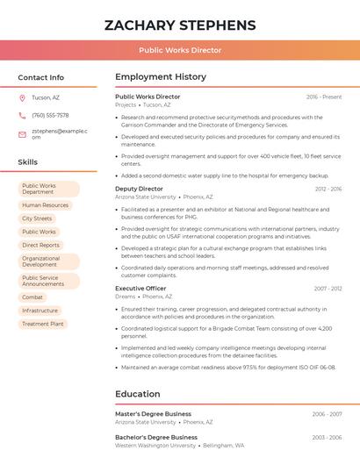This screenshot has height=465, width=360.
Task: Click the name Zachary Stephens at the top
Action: click(180, 25)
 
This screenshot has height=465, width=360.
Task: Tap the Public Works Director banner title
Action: click(180, 50)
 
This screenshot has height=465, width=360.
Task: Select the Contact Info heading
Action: click(41, 77)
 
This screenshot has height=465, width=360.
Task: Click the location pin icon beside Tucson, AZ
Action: click(22, 97)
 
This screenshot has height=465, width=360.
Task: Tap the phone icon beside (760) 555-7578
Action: click(22, 115)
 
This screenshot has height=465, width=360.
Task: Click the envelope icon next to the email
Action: click(22, 134)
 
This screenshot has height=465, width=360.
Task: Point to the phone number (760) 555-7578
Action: click(50, 115)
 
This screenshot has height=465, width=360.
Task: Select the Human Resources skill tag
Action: click(45, 205)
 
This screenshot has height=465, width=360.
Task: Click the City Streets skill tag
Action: click(37, 218)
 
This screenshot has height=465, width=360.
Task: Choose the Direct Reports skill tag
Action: click(40, 245)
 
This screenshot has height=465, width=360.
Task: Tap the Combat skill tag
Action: click(32, 297)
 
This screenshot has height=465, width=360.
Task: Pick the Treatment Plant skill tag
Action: click(43, 324)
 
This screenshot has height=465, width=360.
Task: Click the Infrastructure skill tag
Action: click(40, 311)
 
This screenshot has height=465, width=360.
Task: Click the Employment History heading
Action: click(161, 77)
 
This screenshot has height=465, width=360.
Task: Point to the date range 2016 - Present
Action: click(324, 97)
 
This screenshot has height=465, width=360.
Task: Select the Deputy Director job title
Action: click(139, 189)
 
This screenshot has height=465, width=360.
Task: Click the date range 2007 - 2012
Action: click(328, 288)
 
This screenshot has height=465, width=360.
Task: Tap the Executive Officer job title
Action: click(140, 288)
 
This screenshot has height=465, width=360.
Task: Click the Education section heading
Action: click(138, 394)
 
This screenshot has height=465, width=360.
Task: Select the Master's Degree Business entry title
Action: click(153, 414)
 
